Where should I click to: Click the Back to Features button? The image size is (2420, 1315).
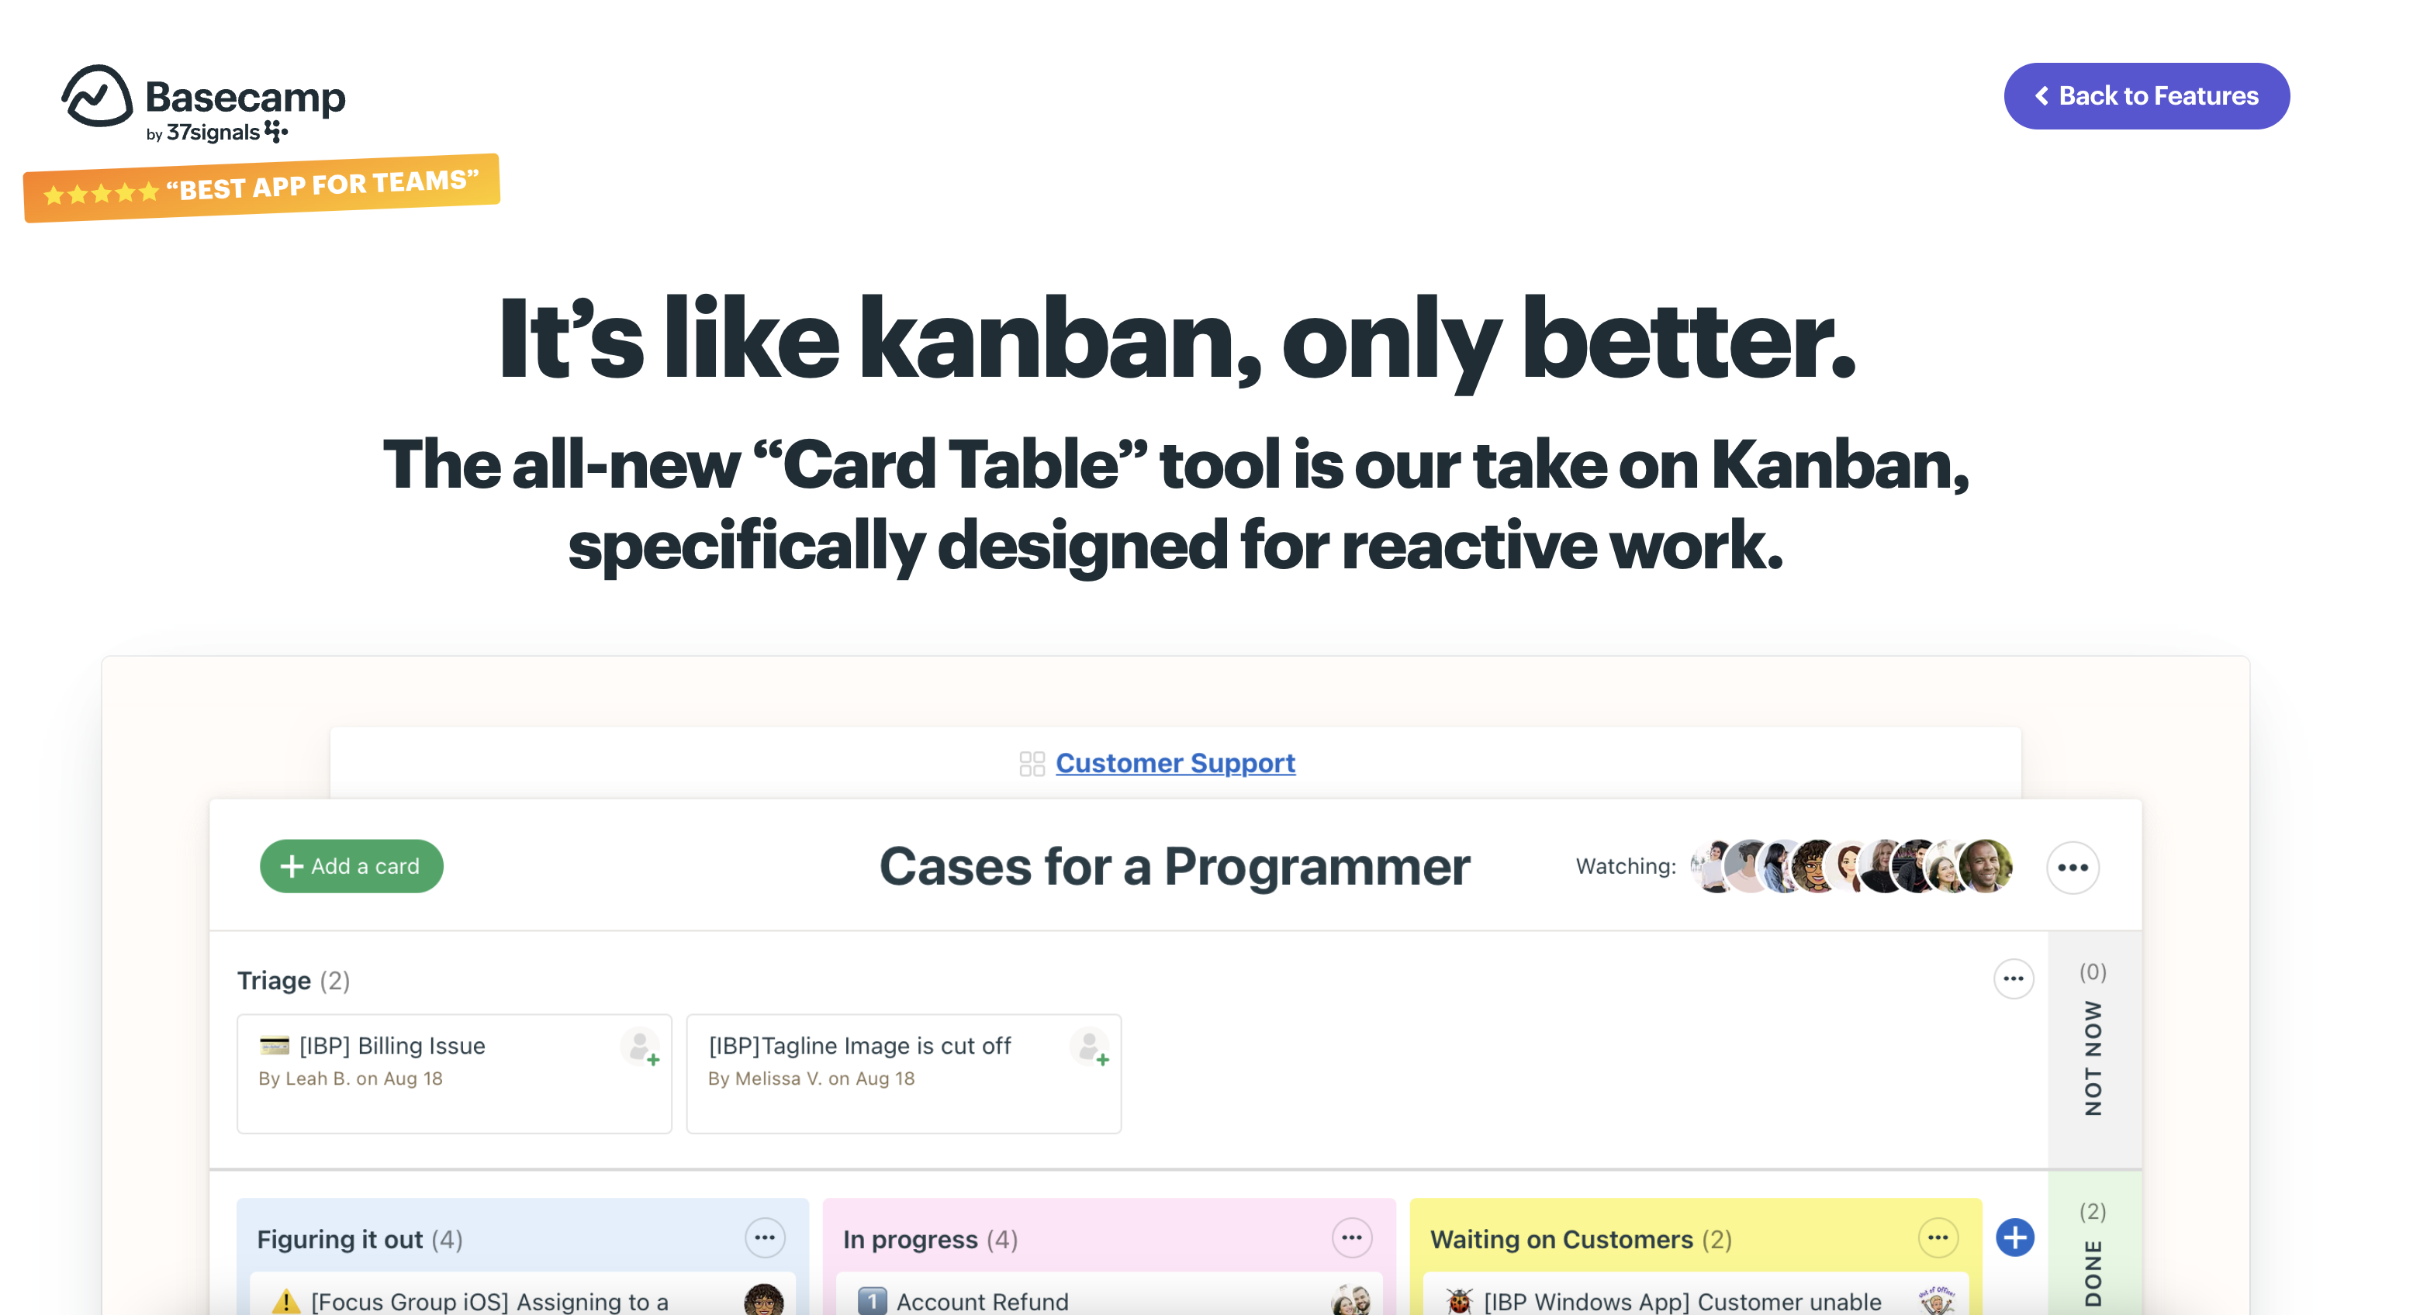pyautogui.click(x=2147, y=96)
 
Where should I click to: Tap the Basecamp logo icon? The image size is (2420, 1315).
pyautogui.click(x=97, y=96)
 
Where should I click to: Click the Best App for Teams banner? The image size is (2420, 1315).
pyautogui.click(x=261, y=188)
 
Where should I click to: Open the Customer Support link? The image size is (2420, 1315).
pyautogui.click(x=1175, y=763)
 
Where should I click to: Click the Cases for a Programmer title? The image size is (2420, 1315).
pyautogui.click(x=1174, y=866)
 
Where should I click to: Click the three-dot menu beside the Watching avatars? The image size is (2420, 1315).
pyautogui.click(x=2073, y=867)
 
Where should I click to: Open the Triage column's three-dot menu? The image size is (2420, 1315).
pyautogui.click(x=2014, y=978)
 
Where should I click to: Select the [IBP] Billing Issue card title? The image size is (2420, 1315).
pyautogui.click(x=392, y=1045)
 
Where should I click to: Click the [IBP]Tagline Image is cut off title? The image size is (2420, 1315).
pyautogui.click(x=859, y=1045)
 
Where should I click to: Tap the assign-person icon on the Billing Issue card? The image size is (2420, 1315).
pyautogui.click(x=641, y=1048)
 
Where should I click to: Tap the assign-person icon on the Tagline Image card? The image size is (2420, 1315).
pyautogui.click(x=1090, y=1048)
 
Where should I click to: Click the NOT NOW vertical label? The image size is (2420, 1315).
pyautogui.click(x=2093, y=1058)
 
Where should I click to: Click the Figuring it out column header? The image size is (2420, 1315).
pyautogui.click(x=360, y=1240)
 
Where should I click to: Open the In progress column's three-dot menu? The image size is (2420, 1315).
pyautogui.click(x=1352, y=1238)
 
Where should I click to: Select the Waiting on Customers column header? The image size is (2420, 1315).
pyautogui.click(x=1581, y=1240)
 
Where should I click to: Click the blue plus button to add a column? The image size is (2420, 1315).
pyautogui.click(x=2015, y=1238)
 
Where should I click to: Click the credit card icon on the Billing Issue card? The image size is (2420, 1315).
pyautogui.click(x=275, y=1044)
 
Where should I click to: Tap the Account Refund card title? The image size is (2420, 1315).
pyautogui.click(x=982, y=1301)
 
